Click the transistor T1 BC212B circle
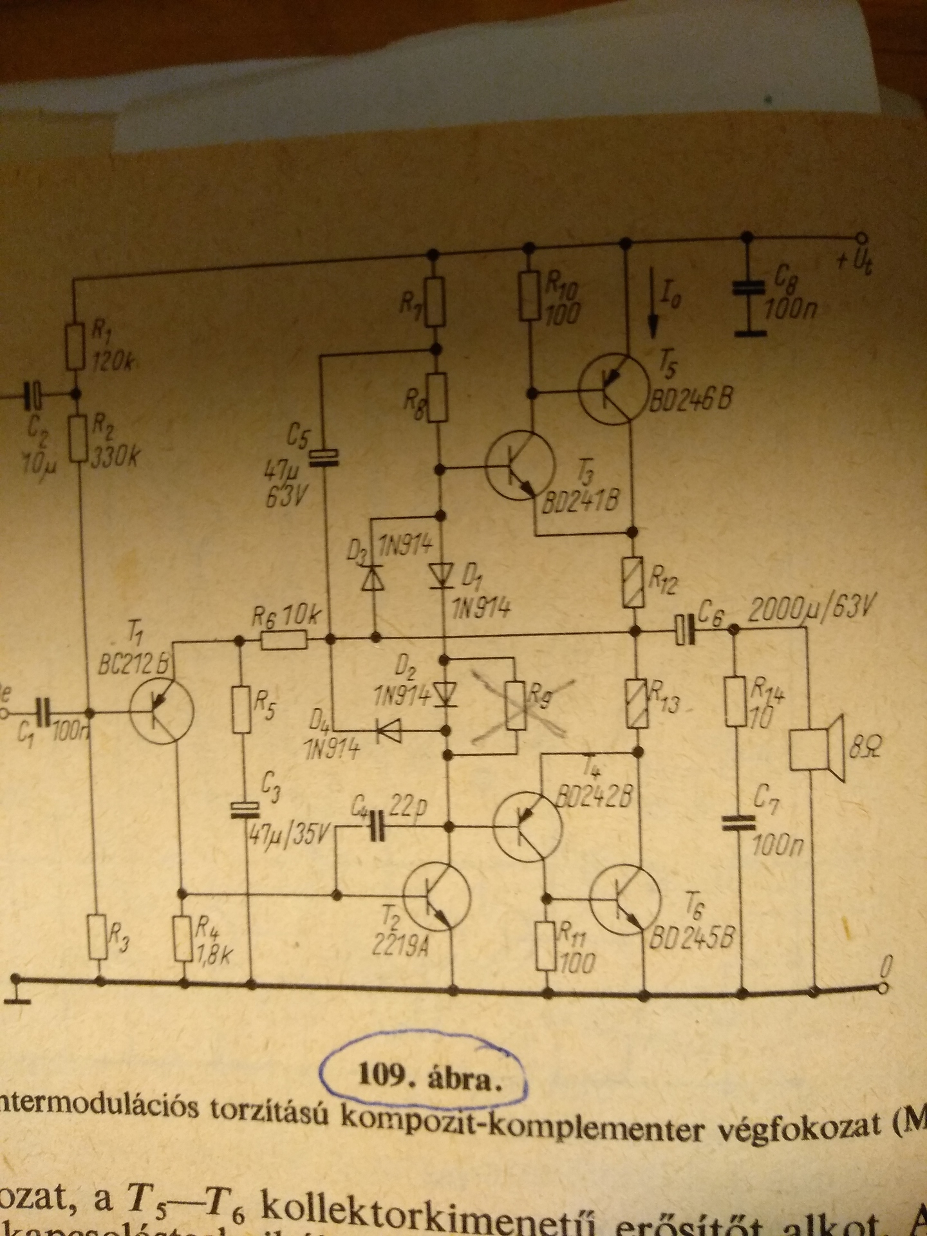point(161,711)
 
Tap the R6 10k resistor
point(284,641)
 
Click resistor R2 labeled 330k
point(77,437)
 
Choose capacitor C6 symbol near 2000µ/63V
point(685,630)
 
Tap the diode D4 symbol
point(388,729)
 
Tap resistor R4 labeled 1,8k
point(183,939)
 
